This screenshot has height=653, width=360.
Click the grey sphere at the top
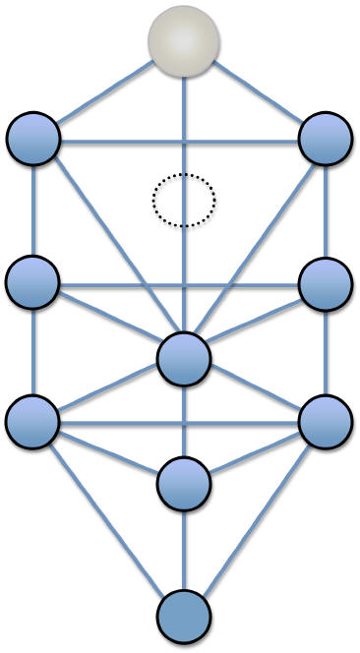coord(183,39)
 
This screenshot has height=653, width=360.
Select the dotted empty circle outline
coord(183,201)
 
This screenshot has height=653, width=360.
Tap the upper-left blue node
coord(33,139)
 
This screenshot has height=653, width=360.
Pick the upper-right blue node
coord(325,139)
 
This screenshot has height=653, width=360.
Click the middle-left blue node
coord(33,282)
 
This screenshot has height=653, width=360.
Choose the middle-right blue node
coord(325,282)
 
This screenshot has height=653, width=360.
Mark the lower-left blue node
coord(33,421)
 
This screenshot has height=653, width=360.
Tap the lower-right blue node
coord(325,421)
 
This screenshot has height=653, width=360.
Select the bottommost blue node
coord(184,617)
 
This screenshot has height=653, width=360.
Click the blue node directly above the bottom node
coord(184,482)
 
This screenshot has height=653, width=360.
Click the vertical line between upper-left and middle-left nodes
coord(33,210)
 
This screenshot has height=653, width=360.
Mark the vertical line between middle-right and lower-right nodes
coord(325,352)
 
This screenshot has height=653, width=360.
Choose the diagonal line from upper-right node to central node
coord(256,246)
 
